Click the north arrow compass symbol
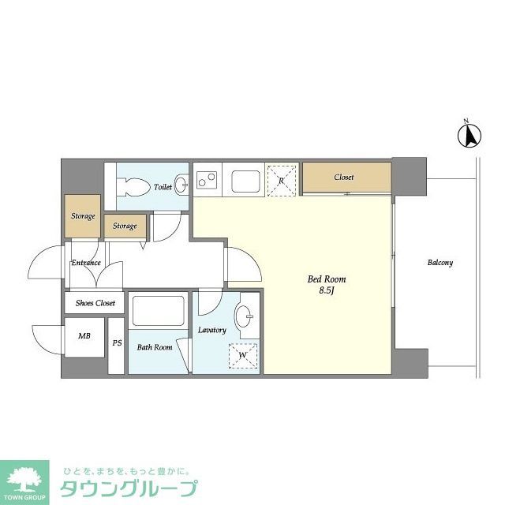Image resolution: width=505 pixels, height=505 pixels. (x=468, y=136)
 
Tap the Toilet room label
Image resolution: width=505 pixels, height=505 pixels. (x=163, y=188)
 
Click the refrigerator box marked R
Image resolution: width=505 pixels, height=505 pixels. (x=281, y=179)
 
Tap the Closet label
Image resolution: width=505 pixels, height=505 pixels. (x=344, y=178)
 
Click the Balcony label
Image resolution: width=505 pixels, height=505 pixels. (x=440, y=263)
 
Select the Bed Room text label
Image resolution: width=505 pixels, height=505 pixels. (x=327, y=279)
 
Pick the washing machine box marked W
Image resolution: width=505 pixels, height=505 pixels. (x=243, y=355)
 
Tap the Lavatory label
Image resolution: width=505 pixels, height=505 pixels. (x=212, y=330)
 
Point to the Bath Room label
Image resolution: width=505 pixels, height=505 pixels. (x=155, y=347)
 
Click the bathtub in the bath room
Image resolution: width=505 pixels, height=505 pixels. (x=158, y=310)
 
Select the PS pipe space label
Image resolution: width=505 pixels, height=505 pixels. (x=117, y=342)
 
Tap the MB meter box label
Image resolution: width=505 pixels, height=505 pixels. (x=84, y=336)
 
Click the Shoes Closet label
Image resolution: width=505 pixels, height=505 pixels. (x=95, y=303)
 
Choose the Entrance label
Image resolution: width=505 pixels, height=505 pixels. (x=86, y=263)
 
